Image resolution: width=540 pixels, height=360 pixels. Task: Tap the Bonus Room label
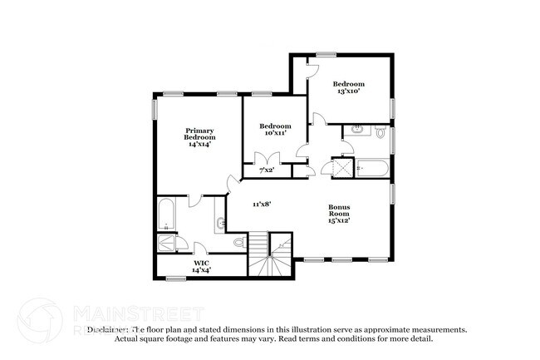coord(338,215)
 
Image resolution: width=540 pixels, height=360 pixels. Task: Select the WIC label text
coord(201,264)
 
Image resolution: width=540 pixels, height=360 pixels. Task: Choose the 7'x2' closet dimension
coord(266,170)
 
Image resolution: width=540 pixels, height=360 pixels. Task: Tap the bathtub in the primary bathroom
coord(165,215)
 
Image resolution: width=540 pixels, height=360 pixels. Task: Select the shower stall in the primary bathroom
coord(165,243)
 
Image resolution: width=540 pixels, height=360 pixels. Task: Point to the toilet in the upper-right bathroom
coord(381,131)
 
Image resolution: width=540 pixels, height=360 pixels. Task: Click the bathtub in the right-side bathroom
coord(372,168)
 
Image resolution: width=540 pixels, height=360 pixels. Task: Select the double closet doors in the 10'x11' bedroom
coord(266,159)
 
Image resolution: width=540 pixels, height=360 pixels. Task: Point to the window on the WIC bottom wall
coord(176,277)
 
